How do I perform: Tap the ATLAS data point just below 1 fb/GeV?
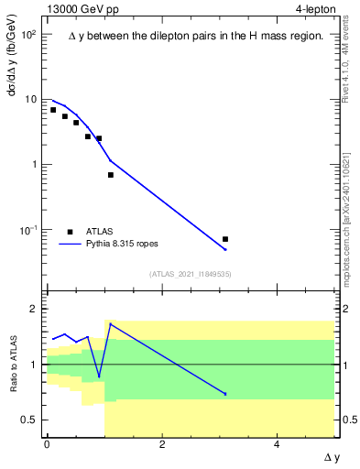pyautogui.click(x=111, y=174)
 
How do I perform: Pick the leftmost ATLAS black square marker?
pyautogui.click(x=53, y=110)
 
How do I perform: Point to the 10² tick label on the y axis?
pyautogui.click(x=28, y=34)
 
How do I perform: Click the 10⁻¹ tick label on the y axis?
pyautogui.click(x=28, y=230)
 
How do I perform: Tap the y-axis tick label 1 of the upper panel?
pyautogui.click(x=35, y=165)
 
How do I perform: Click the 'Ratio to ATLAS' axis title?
pyautogui.click(x=13, y=364)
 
